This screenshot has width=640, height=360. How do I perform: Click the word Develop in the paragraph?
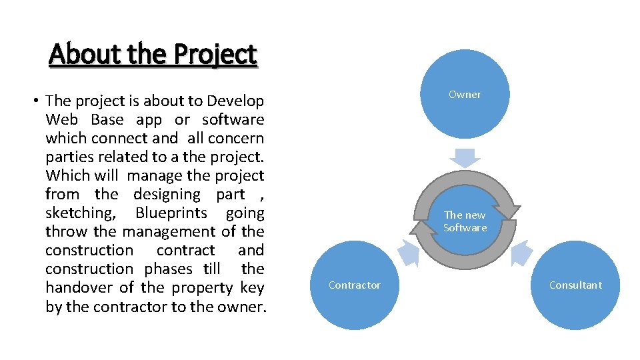235,101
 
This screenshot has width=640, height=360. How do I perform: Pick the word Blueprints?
171,213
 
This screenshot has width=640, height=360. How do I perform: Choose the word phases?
172,269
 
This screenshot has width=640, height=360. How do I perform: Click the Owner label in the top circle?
465,95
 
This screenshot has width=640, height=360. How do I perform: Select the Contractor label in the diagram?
355,285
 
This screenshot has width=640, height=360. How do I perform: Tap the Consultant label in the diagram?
575,285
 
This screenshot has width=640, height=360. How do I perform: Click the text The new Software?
465,221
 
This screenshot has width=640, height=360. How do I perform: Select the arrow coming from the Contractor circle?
408,253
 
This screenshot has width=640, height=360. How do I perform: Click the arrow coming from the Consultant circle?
522,253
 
